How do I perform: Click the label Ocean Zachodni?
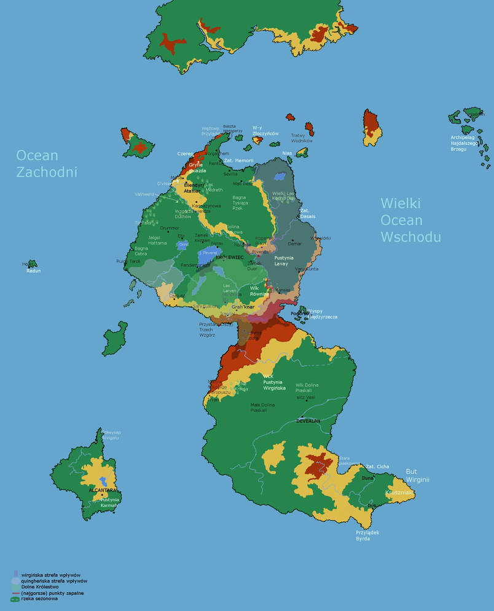47,164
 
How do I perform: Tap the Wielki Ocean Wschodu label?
410,219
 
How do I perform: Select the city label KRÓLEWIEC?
230,258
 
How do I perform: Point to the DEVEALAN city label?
308,421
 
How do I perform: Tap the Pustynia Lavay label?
284,261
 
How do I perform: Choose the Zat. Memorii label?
238,160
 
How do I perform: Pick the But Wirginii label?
417,476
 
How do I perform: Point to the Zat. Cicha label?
377,467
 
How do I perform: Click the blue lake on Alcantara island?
104,479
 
